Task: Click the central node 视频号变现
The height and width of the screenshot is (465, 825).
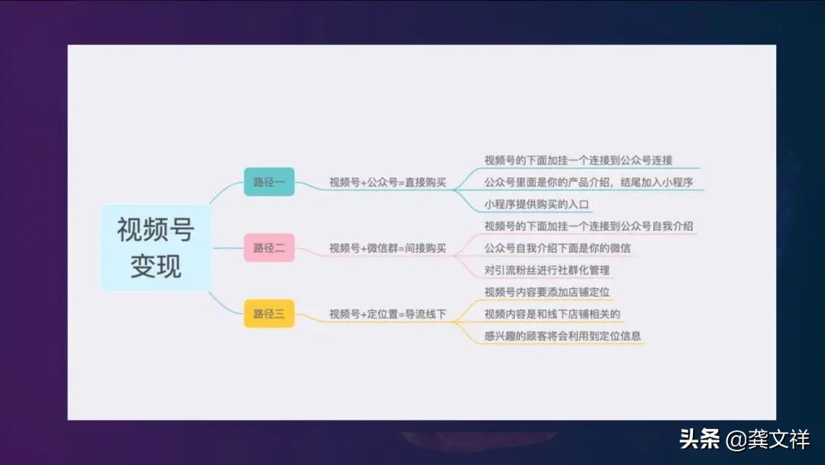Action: click(156, 248)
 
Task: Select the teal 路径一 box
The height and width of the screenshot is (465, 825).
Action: click(269, 182)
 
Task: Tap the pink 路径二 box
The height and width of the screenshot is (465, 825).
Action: click(269, 248)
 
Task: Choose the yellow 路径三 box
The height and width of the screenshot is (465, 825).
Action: click(269, 314)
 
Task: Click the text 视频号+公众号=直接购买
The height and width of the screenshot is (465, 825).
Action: click(387, 183)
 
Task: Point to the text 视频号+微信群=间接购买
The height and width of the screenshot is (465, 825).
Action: click(387, 249)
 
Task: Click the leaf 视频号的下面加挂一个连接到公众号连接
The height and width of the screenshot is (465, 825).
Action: click(578, 161)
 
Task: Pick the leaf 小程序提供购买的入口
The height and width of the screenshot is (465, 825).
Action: click(538, 205)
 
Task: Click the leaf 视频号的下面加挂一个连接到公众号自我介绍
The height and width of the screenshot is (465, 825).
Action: click(589, 226)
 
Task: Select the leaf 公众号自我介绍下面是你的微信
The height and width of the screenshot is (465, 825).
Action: click(558, 249)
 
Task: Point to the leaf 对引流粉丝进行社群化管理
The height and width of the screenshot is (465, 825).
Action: click(547, 271)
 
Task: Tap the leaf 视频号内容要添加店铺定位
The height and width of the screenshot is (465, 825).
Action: click(547, 292)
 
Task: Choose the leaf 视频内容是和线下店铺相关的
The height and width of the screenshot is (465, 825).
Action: click(552, 314)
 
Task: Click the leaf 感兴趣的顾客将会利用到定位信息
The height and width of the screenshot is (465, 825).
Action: click(563, 336)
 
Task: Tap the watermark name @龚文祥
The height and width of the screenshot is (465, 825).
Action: click(767, 440)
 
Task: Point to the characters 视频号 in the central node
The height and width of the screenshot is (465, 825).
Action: click(156, 229)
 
